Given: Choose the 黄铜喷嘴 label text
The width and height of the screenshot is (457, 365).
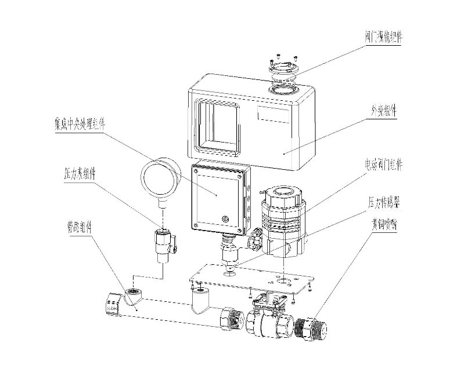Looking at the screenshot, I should pos(385,221).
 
